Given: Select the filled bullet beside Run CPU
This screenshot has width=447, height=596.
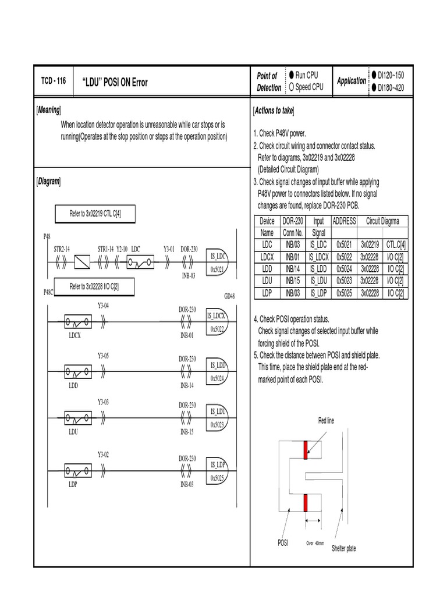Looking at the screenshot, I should pyautogui.click(x=291, y=76).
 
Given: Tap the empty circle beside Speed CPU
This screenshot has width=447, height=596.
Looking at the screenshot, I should pyautogui.click(x=291, y=87).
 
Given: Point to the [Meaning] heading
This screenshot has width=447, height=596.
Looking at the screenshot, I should pyautogui.click(x=49, y=110).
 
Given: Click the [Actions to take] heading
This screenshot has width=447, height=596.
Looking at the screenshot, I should pyautogui.click(x=274, y=111).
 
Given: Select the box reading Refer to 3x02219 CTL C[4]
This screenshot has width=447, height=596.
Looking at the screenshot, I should pyautogui.click(x=94, y=214).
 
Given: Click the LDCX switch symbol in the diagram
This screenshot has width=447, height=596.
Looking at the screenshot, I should pyautogui.click(x=76, y=321).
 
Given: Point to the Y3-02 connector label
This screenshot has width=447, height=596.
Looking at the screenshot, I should pyautogui.click(x=103, y=453).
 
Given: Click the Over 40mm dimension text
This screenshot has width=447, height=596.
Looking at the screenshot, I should pyautogui.click(x=315, y=542).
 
